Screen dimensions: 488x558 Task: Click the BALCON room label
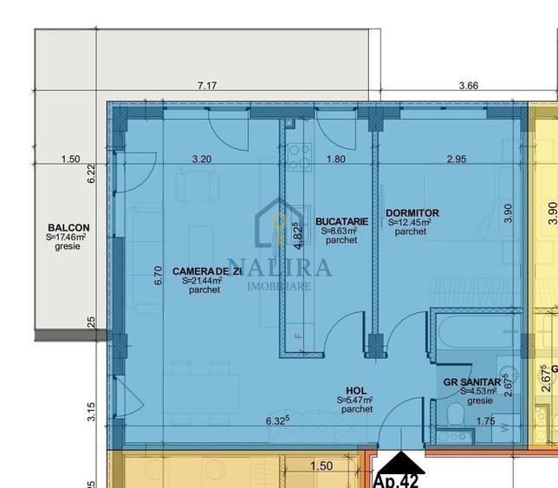click(x=68, y=227)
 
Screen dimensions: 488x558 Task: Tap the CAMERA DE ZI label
click(x=201, y=271)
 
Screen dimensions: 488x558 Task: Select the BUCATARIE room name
click(x=341, y=222)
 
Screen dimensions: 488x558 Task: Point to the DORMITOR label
click(x=412, y=213)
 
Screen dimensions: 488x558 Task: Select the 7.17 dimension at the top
click(x=207, y=86)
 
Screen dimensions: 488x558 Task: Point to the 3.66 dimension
click(x=468, y=86)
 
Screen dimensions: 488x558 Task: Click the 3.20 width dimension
click(x=201, y=159)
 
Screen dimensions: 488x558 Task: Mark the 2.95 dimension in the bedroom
click(x=457, y=159)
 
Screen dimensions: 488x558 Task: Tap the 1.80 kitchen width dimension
click(x=335, y=159)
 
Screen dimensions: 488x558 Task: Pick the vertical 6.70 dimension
click(x=158, y=276)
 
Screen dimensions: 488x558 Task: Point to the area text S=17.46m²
click(x=67, y=237)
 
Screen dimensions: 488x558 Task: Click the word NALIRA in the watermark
click(x=279, y=266)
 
